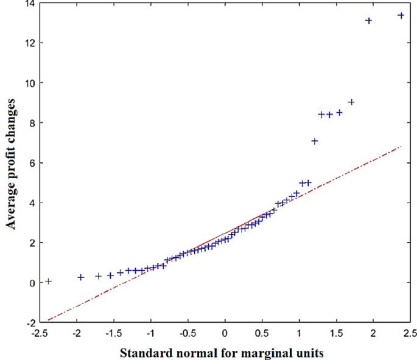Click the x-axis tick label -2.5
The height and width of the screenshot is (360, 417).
tap(40, 333)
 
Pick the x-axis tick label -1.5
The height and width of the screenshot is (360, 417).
tap(114, 333)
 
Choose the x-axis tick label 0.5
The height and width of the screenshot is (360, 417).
tap(262, 333)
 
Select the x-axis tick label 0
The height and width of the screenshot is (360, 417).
tap(225, 333)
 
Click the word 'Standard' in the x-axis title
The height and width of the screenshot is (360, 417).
tap(144, 352)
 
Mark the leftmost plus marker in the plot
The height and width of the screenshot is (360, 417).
tap(48, 281)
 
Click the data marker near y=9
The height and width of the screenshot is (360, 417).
tap(351, 102)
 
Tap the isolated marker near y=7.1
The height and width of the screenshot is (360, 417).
tap(315, 141)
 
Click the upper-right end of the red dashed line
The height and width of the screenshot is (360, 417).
tap(401, 147)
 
